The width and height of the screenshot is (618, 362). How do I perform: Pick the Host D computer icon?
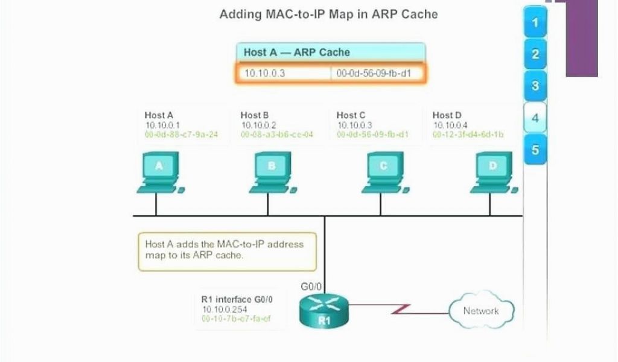click(492, 173)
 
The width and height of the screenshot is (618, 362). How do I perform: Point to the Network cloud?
click(481, 311)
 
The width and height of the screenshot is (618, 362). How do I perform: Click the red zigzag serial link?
click(400, 310)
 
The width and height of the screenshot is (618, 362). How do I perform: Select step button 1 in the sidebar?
click(535, 23)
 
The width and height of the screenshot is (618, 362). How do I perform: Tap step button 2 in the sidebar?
click(535, 54)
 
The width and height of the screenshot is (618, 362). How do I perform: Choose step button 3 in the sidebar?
click(535, 86)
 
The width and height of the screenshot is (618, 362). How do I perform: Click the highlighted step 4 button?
click(535, 118)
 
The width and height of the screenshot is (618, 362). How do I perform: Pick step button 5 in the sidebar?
click(535, 149)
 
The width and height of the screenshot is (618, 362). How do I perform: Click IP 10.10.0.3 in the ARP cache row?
click(264, 73)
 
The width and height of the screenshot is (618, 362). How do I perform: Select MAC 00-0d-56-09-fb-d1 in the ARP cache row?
click(373, 73)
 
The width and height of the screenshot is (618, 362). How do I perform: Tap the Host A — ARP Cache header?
click(296, 52)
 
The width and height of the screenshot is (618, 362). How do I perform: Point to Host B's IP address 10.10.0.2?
click(259, 125)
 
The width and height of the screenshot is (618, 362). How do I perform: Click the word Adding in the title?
click(240, 13)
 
